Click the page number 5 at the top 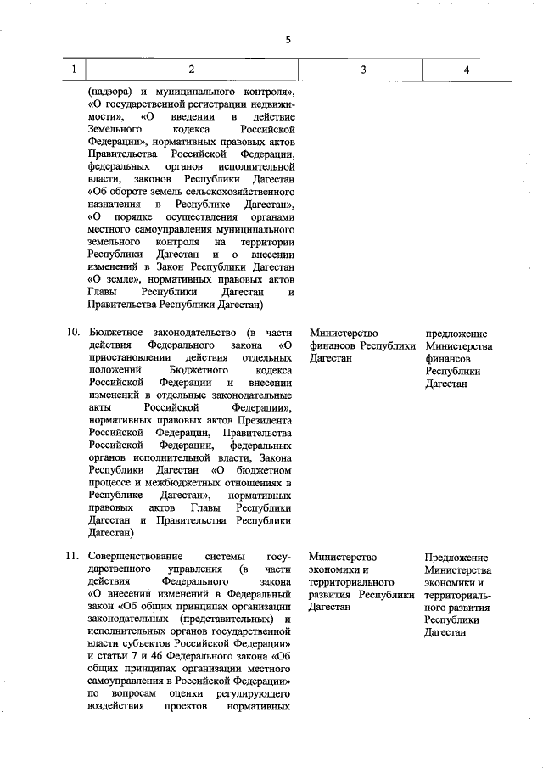(288, 39)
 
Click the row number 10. (73, 333)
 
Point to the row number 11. (73, 557)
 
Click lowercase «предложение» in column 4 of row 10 (458, 333)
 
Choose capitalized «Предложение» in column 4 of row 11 (458, 557)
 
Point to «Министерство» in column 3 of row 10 (344, 333)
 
